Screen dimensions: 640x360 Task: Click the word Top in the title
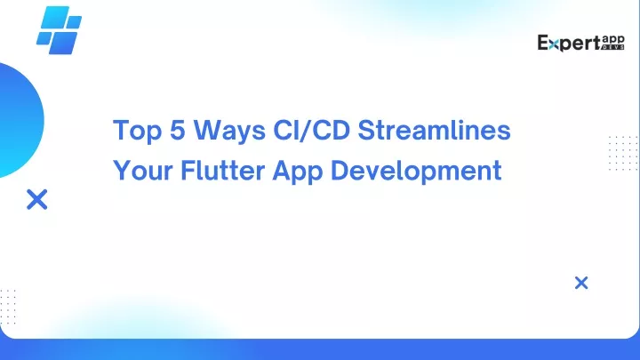[137, 131]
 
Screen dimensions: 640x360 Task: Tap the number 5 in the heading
[178, 130]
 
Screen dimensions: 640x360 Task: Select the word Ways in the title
[230, 131]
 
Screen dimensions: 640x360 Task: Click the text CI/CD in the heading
[312, 130]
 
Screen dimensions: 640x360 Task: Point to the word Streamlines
[435, 130]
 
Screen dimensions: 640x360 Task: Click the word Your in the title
[143, 170]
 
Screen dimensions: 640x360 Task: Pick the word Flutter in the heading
[223, 170]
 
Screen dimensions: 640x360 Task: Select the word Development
[416, 171]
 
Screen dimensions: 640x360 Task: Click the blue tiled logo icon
[59, 30]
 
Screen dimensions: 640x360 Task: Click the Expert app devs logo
[580, 43]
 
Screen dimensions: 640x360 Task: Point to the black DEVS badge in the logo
[613, 47]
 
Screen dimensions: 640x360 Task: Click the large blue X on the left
[37, 199]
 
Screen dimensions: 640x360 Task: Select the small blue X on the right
[581, 283]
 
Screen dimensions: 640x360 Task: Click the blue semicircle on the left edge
[20, 120]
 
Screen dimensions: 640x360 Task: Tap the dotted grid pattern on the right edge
[623, 153]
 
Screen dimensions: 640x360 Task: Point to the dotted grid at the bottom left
[8, 307]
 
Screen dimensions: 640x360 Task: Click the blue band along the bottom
[320, 349]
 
